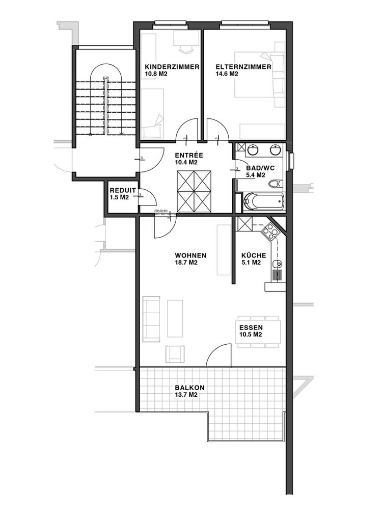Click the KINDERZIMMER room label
click(172, 67)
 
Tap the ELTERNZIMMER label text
click(243, 67)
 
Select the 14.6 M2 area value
click(227, 74)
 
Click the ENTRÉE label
click(189, 155)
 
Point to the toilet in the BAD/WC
click(275, 184)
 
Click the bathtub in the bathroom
click(263, 201)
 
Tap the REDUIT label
click(122, 191)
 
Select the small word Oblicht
click(161, 211)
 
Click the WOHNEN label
click(190, 256)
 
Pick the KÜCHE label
click(253, 256)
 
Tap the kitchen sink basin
click(277, 264)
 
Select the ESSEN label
click(251, 328)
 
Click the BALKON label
click(189, 388)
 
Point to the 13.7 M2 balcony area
click(186, 395)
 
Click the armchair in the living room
click(175, 354)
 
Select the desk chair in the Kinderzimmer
click(186, 49)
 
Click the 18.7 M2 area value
click(186, 263)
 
